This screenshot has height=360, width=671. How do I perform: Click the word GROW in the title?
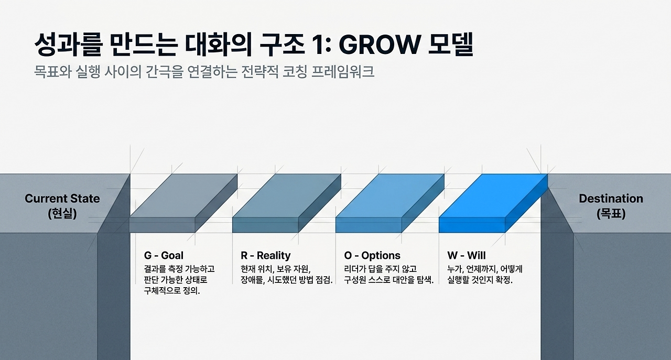[379, 45]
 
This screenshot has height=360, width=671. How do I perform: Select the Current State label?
[62, 199]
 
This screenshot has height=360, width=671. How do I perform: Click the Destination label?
[611, 199]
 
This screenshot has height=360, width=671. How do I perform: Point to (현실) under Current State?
[62, 214]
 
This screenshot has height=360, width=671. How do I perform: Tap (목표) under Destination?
[611, 214]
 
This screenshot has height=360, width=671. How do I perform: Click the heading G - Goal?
[164, 256]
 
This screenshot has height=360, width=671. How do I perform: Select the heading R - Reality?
[265, 256]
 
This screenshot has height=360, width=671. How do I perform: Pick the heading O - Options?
[372, 256]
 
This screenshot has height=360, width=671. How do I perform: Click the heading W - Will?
[467, 256]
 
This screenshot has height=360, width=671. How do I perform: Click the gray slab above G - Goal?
[183, 203]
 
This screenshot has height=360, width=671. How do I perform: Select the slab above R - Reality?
[287, 203]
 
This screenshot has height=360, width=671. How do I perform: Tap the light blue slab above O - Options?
[389, 203]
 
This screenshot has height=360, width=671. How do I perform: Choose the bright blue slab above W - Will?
[493, 203]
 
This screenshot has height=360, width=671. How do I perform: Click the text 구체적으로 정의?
[172, 291]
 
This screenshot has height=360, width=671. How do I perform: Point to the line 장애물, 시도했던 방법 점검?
[287, 280]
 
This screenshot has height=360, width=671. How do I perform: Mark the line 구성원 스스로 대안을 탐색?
[389, 280]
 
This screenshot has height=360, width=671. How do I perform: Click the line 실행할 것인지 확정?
[480, 280]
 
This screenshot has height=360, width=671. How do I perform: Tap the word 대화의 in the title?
[218, 45]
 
